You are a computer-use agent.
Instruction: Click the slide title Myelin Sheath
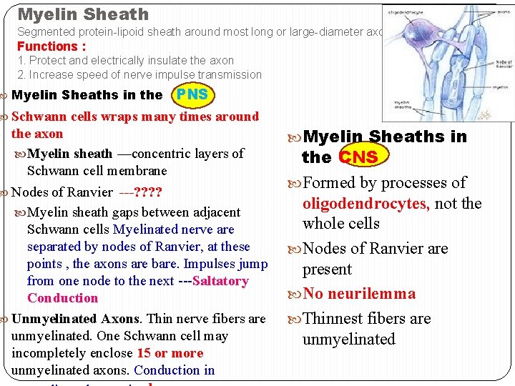[83, 14]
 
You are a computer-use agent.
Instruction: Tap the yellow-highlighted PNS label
[192, 94]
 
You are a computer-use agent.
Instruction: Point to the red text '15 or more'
[169, 353]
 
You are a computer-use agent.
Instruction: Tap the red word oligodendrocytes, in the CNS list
[366, 204]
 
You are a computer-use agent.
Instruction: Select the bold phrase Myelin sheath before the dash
[69, 154]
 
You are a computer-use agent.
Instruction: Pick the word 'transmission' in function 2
[228, 75]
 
